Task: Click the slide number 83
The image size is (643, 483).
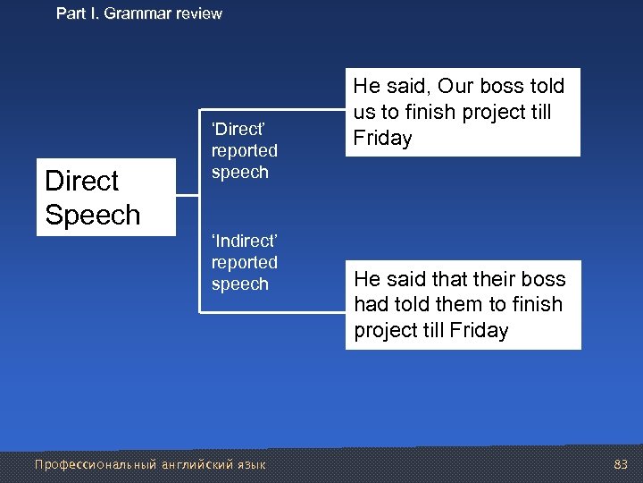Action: click(x=622, y=464)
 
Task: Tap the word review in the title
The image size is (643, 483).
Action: click(x=197, y=13)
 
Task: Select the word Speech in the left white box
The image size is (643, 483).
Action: click(x=92, y=215)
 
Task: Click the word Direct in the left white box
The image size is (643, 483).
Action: click(x=81, y=181)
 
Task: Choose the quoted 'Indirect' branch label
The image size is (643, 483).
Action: click(x=244, y=241)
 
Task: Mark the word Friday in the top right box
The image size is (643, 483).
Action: click(x=382, y=139)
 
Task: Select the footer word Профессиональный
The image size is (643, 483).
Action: click(x=95, y=464)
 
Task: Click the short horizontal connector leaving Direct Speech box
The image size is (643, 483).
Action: click(x=188, y=197)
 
